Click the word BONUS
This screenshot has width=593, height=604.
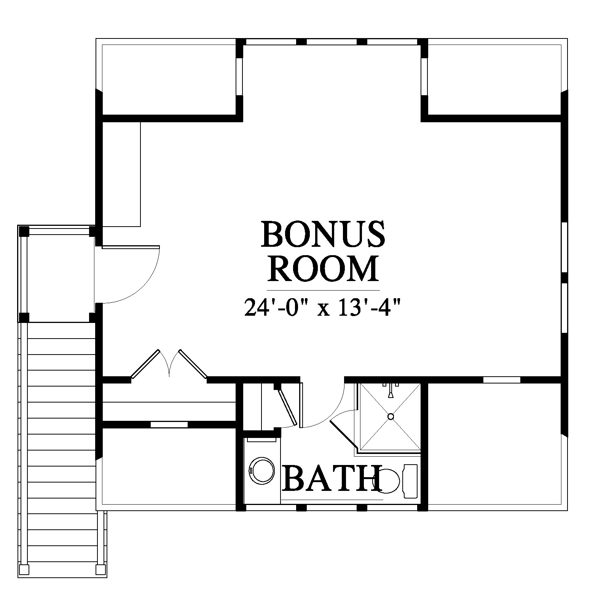tap(323, 233)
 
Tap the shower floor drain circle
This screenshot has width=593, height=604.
tap(391, 416)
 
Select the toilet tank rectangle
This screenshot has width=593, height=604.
tap(410, 481)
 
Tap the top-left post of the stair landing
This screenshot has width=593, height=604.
tap(24, 231)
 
